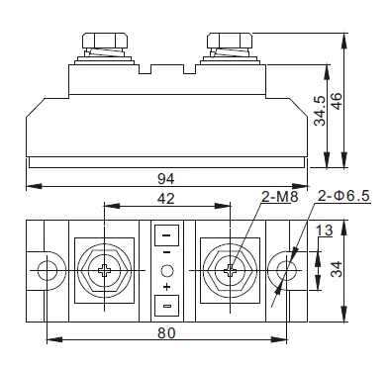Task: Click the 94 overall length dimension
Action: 165,178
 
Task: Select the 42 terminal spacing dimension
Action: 166,199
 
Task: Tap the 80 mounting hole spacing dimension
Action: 166,333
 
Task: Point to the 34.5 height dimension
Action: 320,111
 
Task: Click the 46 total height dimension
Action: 337,102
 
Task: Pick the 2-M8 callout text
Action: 280,197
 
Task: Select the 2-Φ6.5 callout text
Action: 343,196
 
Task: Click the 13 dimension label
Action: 325,231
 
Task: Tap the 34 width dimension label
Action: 337,269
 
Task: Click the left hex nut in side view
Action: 105,41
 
